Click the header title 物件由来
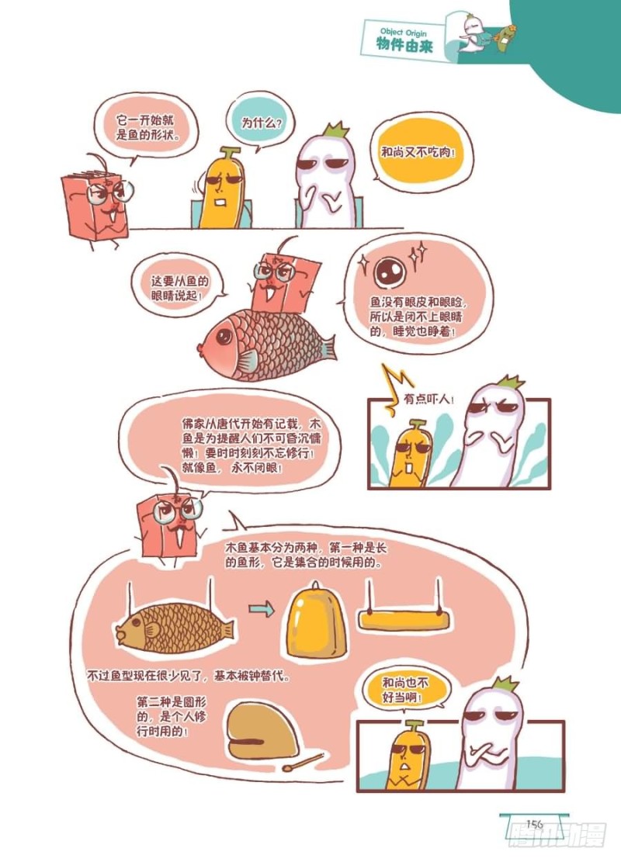pyautogui.click(x=404, y=45)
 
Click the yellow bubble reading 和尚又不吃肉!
pyautogui.click(x=419, y=152)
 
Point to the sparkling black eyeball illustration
pyautogui.click(x=390, y=272)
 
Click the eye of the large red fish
pyautogui.click(x=224, y=336)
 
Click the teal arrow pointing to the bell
pyautogui.click(x=262, y=608)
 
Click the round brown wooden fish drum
pyautogui.click(x=262, y=731)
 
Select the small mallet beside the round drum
pyautogui.click(x=303, y=763)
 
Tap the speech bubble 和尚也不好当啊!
pyautogui.click(x=405, y=690)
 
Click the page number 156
pyautogui.click(x=534, y=824)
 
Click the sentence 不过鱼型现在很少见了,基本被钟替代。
pyautogui.click(x=189, y=675)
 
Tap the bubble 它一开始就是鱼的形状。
pyautogui.click(x=147, y=127)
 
